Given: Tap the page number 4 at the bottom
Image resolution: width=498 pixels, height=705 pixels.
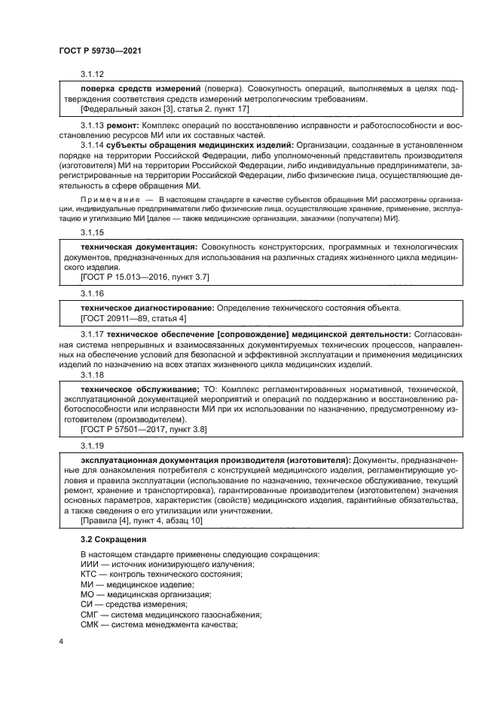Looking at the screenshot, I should coord(61,642).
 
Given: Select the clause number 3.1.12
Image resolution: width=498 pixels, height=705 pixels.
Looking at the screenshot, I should coord(93,75).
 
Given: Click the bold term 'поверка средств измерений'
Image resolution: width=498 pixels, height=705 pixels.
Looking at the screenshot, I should coord(140,90).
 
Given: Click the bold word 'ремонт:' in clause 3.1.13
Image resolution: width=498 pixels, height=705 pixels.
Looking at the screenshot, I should coord(122,124).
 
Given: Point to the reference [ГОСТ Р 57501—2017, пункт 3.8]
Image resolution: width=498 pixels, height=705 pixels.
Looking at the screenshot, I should coord(144,428).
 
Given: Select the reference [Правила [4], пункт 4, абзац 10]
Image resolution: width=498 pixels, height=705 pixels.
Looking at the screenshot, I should coord(138,520).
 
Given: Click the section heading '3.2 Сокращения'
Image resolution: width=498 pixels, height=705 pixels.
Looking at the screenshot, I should coord(112,539).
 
